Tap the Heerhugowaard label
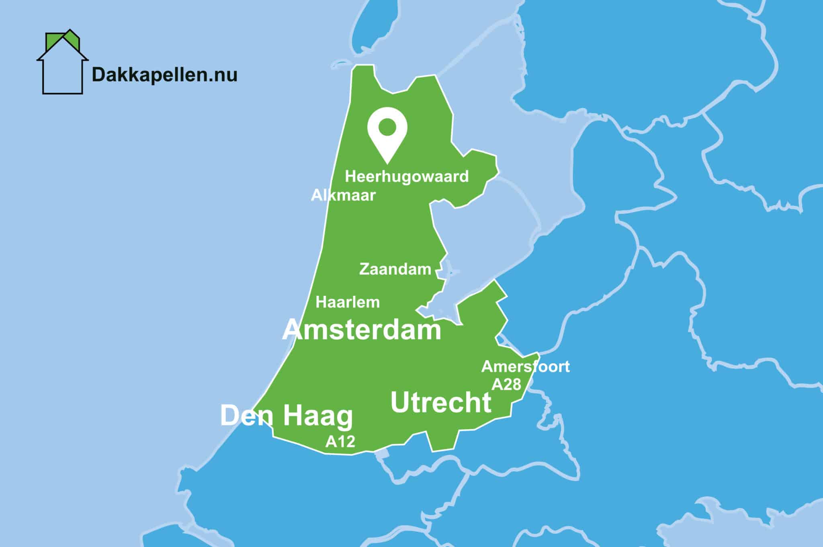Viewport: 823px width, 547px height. coord(407,177)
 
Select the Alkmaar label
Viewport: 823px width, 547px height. coord(343,195)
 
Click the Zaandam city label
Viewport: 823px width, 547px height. coord(395,269)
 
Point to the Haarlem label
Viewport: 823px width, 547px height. coord(348,302)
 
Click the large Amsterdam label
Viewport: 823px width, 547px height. coord(362,330)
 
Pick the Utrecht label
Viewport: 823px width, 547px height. coord(441,402)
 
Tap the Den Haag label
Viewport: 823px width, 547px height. coord(287,416)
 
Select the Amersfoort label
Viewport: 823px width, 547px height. coord(525,367)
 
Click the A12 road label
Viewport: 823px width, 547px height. coord(340,442)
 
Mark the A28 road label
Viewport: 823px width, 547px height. coord(506,385)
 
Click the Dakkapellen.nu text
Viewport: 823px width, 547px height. coord(164,75)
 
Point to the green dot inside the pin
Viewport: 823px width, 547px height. coord(387,127)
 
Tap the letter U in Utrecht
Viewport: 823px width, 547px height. coord(401,402)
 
